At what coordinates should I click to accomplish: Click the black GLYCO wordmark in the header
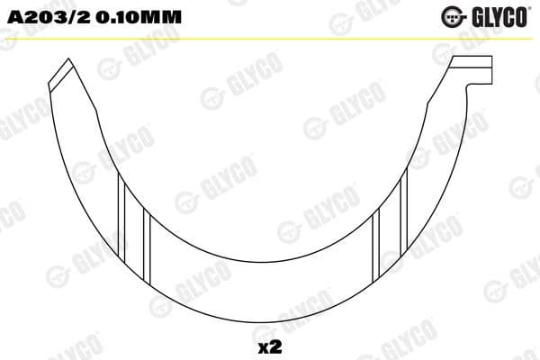pyautogui.click(x=498, y=15)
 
